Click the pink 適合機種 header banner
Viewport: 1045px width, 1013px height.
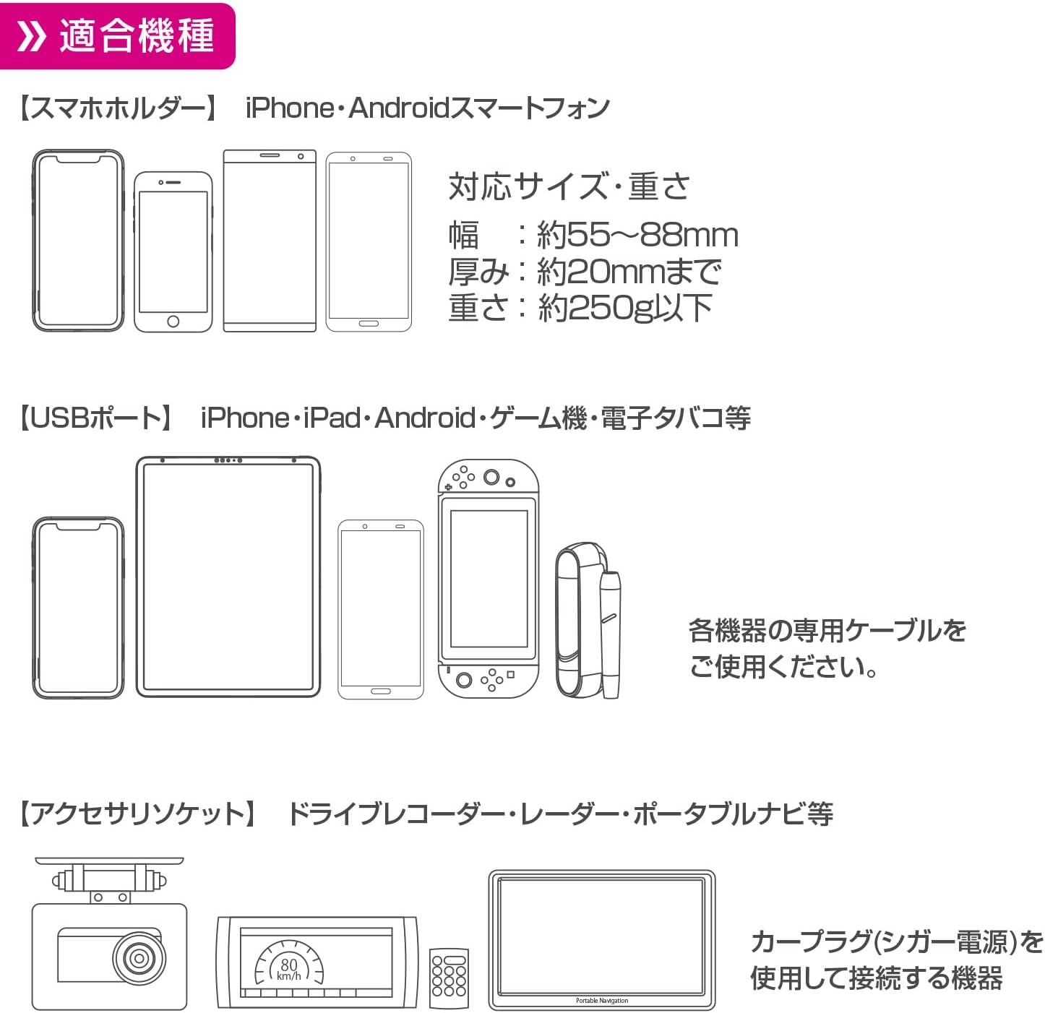tap(117, 36)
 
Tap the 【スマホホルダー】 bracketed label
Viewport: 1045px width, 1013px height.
tap(118, 108)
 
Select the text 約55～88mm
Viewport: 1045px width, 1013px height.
tap(637, 235)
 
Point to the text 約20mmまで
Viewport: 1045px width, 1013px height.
tap(629, 271)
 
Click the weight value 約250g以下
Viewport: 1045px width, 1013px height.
tap(625, 308)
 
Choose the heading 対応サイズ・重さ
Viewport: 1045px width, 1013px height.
tap(569, 186)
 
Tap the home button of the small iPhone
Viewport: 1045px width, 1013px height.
tap(173, 321)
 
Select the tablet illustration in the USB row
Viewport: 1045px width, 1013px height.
tap(228, 577)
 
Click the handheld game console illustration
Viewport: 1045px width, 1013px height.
tap(488, 579)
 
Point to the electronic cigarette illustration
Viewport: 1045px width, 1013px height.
tap(588, 621)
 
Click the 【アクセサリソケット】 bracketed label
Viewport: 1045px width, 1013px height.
tap(137, 813)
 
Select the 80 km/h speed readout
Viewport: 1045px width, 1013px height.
tap(289, 969)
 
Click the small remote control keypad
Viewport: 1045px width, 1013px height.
tap(449, 978)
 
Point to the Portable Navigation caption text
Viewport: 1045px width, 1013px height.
tap(601, 1000)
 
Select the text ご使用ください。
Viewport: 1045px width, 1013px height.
tap(783, 666)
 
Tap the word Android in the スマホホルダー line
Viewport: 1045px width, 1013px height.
tap(399, 108)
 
